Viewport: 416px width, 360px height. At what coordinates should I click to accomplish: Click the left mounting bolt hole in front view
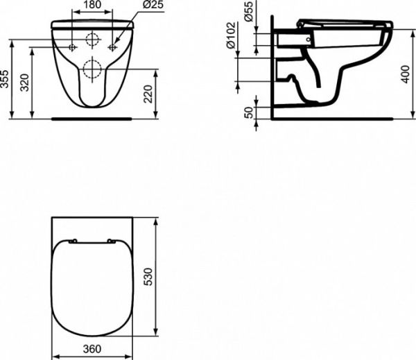pyautogui.click(x=72, y=46)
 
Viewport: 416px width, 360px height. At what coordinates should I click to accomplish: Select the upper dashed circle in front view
pyautogui.click(x=92, y=39)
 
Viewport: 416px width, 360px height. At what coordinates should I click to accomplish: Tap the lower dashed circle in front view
pyautogui.click(x=92, y=68)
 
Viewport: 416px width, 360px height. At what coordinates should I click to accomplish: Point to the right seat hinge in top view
pyautogui.click(x=112, y=241)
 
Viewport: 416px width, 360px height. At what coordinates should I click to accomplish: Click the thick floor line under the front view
pyautogui.click(x=92, y=119)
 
